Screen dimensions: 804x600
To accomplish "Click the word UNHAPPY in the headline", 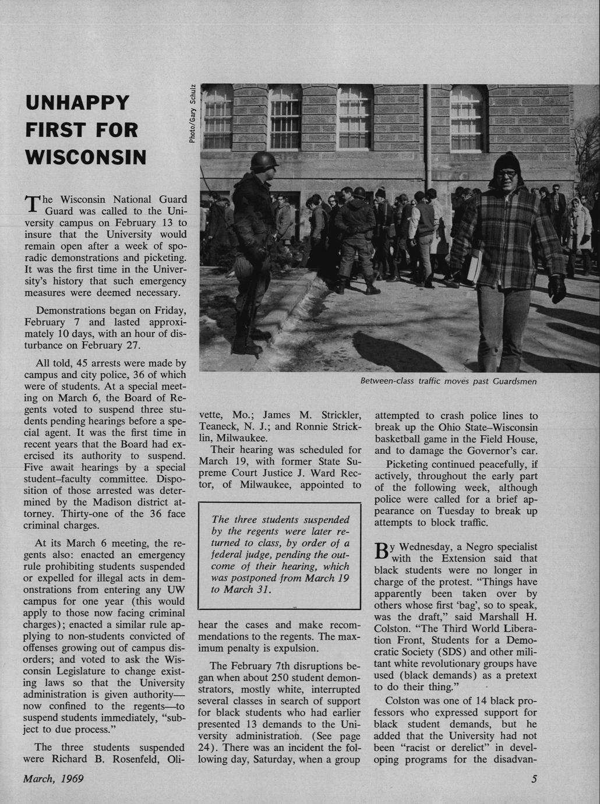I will coord(77,103).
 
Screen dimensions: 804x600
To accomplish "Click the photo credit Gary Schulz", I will coord(192,113).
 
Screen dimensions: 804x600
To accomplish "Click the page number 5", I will coord(534,778).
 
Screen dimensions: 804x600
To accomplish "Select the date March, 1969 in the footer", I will coord(53,778).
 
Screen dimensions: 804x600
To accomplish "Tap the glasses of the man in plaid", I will coord(507,173).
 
